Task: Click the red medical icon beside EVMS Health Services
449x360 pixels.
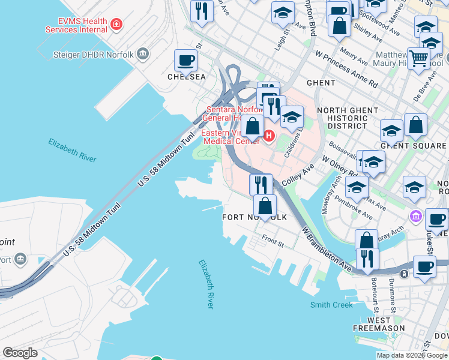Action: tap(116, 25)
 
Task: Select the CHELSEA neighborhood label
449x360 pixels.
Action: tap(186, 77)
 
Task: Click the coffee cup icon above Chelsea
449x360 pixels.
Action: tap(185, 60)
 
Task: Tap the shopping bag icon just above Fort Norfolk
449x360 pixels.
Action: tap(265, 205)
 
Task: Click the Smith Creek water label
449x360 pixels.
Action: tap(331, 305)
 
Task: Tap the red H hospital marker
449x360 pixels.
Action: tap(269, 136)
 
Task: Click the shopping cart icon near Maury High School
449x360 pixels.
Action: tap(419, 59)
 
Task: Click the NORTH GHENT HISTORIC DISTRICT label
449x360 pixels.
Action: tap(348, 118)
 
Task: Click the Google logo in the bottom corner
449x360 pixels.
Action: tap(20, 352)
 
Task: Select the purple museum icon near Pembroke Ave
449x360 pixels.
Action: tap(415, 215)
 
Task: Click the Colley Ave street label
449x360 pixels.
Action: tap(298, 176)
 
